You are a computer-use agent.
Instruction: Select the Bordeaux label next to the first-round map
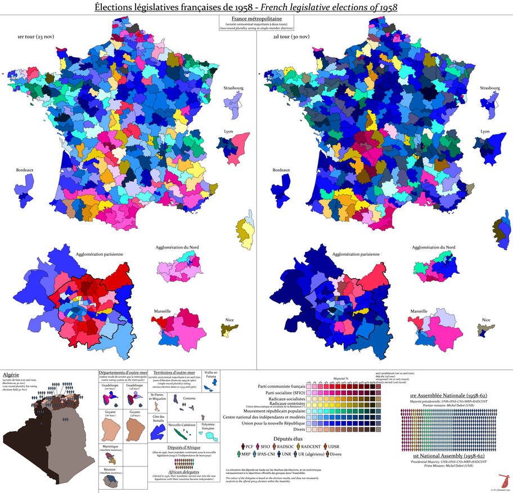[24, 169]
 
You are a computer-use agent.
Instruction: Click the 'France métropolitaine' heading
[256, 19]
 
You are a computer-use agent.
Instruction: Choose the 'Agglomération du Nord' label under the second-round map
[434, 247]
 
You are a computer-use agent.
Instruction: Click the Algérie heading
[13, 374]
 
